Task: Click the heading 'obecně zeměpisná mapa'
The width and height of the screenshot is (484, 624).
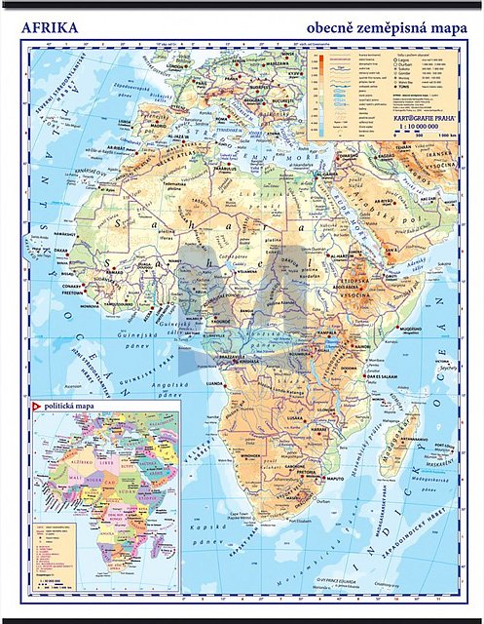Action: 388,27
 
